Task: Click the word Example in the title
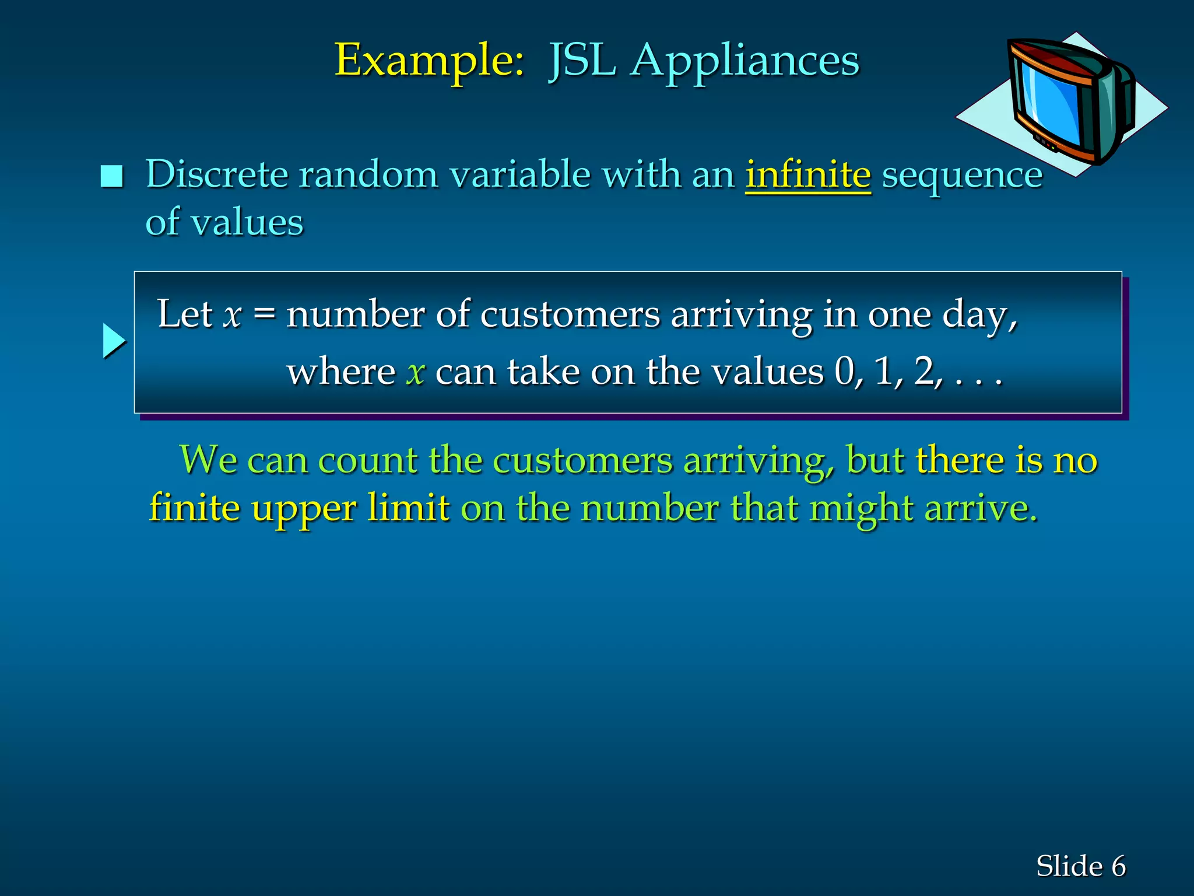point(429,60)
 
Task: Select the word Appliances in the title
point(745,60)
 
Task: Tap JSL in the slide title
point(582,60)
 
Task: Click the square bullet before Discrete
point(112,176)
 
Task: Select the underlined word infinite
point(808,174)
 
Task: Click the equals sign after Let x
point(264,315)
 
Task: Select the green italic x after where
point(416,372)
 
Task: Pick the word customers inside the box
point(570,315)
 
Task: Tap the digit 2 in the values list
point(925,371)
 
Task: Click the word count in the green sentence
point(366,460)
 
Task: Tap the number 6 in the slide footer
point(1118,866)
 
